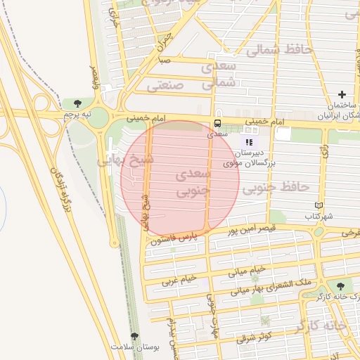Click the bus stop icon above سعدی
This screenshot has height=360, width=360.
click(x=217, y=123)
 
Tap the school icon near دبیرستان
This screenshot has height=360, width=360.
click(x=249, y=142)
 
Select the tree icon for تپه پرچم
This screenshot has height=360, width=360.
click(x=77, y=104)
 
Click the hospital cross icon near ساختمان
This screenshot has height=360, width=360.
click(x=342, y=94)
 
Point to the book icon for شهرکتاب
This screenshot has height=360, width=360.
click(x=319, y=205)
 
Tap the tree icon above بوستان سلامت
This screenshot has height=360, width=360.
click(x=134, y=337)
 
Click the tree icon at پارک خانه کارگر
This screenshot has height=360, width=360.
click(x=341, y=286)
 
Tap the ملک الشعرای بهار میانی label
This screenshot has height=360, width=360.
click(x=274, y=286)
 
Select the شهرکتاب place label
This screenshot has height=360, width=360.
click(x=319, y=217)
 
